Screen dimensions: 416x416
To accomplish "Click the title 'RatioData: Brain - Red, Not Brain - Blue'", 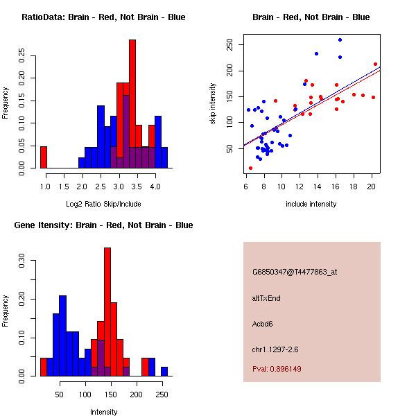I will (103, 17).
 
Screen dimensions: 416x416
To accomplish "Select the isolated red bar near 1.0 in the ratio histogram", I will (44, 157).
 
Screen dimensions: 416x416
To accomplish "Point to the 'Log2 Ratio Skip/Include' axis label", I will (103, 204).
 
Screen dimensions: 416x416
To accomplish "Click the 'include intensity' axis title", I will (311, 204).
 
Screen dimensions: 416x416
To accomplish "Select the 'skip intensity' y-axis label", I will (213, 104).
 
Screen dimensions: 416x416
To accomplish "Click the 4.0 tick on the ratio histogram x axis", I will (155, 187).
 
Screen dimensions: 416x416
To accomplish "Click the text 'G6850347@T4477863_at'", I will (295, 272).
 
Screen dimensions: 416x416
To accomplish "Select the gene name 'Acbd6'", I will (264, 324).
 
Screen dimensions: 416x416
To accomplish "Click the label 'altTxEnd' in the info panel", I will (267, 298).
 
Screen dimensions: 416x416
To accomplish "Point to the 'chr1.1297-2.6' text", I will (275, 349).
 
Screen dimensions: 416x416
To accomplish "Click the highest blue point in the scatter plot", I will (340, 40).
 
